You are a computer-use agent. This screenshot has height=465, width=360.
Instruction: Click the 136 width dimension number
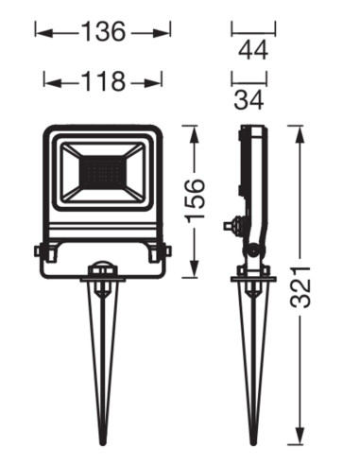(x=104, y=32)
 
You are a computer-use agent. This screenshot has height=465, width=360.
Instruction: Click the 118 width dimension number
(x=104, y=81)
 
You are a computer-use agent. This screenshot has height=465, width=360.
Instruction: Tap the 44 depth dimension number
(x=253, y=50)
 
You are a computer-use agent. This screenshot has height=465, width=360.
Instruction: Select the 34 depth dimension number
(x=249, y=99)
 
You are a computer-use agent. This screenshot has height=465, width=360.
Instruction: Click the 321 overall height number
(x=300, y=287)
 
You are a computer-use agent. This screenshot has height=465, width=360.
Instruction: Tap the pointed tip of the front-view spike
(x=102, y=444)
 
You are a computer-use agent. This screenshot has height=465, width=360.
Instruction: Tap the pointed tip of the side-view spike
(x=254, y=444)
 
